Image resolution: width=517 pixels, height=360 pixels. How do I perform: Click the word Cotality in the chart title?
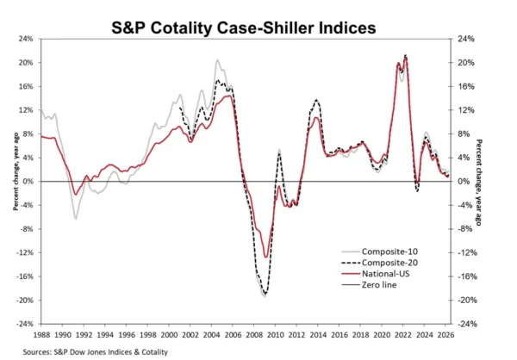coord(181,28)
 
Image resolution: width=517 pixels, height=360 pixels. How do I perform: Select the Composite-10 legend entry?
coord(379,251)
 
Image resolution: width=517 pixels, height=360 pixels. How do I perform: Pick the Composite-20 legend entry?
coord(379,263)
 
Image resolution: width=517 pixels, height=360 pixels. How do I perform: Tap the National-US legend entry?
coord(375,274)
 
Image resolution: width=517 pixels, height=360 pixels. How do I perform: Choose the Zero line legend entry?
coord(369,285)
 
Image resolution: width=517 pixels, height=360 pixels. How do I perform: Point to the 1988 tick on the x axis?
coord(42,335)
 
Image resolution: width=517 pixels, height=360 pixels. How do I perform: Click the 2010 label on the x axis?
coord(276,335)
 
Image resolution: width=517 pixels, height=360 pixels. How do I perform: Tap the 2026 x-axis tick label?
coord(445,335)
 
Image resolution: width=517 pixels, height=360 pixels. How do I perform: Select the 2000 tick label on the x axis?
coord(169,335)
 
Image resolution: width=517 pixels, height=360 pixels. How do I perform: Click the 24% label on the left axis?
coord(27,39)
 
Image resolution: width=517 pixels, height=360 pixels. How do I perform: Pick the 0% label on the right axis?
coord(464,182)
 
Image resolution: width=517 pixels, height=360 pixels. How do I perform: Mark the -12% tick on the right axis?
coord(467,253)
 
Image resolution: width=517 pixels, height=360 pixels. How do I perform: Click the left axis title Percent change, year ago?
coord(16,171)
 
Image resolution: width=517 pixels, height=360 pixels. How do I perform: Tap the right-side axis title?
coord(479,183)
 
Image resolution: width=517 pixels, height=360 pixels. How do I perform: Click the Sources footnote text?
coord(96,352)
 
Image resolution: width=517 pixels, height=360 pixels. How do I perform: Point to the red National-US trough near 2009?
coord(266,258)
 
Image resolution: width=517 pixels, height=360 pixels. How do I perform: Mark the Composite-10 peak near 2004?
coord(217,59)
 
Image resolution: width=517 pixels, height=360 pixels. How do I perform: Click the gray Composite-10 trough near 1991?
coord(76,220)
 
